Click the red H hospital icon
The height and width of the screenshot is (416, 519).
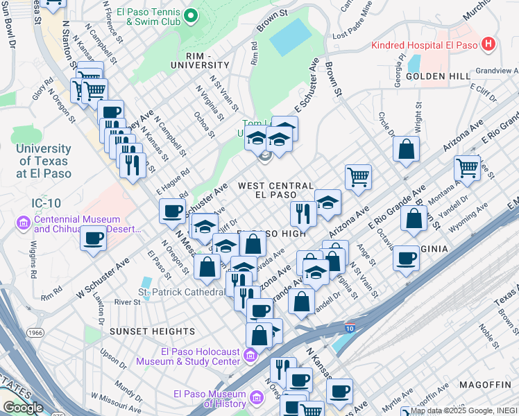click(489, 44)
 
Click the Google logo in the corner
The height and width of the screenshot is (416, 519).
click(22, 408)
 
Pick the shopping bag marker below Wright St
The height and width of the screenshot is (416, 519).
click(406, 148)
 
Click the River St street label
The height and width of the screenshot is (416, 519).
click(127, 302)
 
